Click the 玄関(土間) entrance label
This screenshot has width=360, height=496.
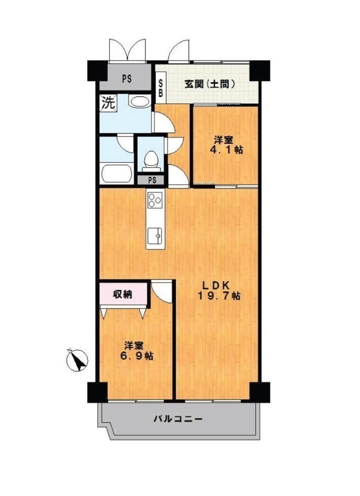pos(210,84)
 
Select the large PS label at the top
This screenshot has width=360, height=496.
pos(127,78)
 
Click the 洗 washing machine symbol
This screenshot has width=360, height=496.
pos(108,103)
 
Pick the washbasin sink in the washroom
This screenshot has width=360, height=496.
pos(139,101)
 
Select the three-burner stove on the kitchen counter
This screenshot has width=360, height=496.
pos(155,200)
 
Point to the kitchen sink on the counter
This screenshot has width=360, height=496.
pos(155,236)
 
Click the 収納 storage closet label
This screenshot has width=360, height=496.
pos(123,294)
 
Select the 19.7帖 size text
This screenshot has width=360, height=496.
pos(219,296)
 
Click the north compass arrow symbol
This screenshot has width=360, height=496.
pos(77,360)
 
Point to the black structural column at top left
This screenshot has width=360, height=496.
pos(98,70)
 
